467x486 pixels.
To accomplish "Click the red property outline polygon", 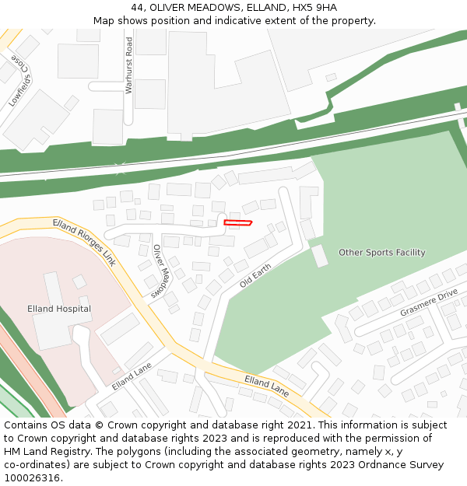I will coord(238,223).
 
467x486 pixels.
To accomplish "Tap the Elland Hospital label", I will coord(59,309).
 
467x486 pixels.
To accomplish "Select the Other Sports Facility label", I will coord(381,253).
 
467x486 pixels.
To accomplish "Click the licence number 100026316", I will coord(32,477).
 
